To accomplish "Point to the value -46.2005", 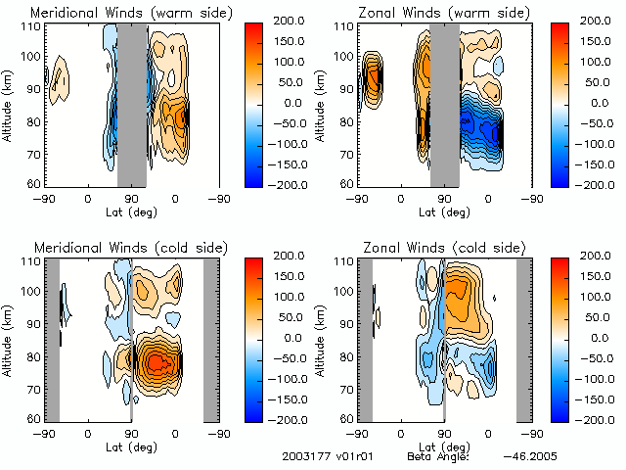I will [x=530, y=456].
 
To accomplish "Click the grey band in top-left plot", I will [x=132, y=106].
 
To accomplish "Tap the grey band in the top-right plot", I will [x=445, y=106].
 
